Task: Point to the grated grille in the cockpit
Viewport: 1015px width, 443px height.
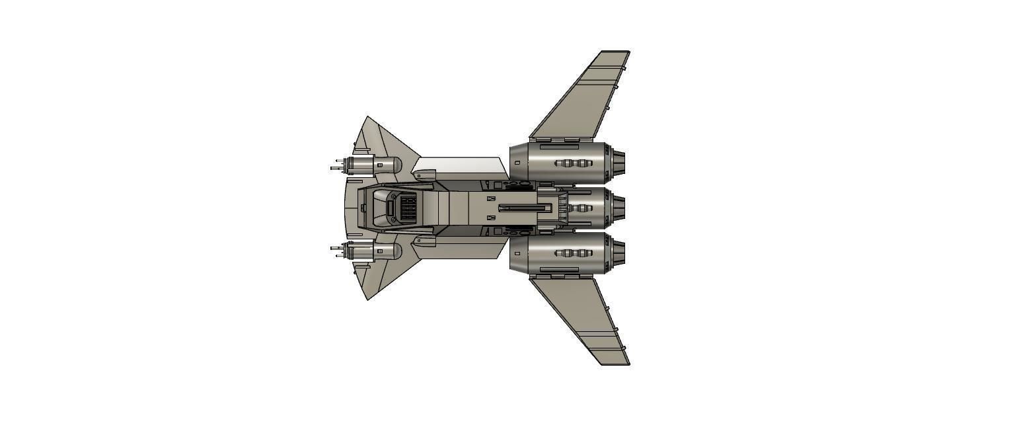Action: [x=407, y=208]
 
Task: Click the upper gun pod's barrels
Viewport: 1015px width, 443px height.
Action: [x=338, y=165]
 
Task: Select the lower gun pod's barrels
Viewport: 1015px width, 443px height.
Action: [x=338, y=252]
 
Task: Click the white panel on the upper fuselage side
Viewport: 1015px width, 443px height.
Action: [x=459, y=167]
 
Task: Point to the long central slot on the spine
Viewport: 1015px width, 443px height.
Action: [x=525, y=208]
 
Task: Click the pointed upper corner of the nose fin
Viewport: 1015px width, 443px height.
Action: [x=368, y=118]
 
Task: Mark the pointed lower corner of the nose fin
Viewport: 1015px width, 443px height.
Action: [x=368, y=299]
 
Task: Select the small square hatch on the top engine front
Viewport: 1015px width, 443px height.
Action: [x=517, y=163]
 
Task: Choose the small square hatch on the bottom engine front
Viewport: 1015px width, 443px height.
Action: [x=517, y=253]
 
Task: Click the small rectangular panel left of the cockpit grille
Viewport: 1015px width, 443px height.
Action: [x=390, y=208]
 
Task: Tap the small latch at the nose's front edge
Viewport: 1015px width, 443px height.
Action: [x=363, y=208]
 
